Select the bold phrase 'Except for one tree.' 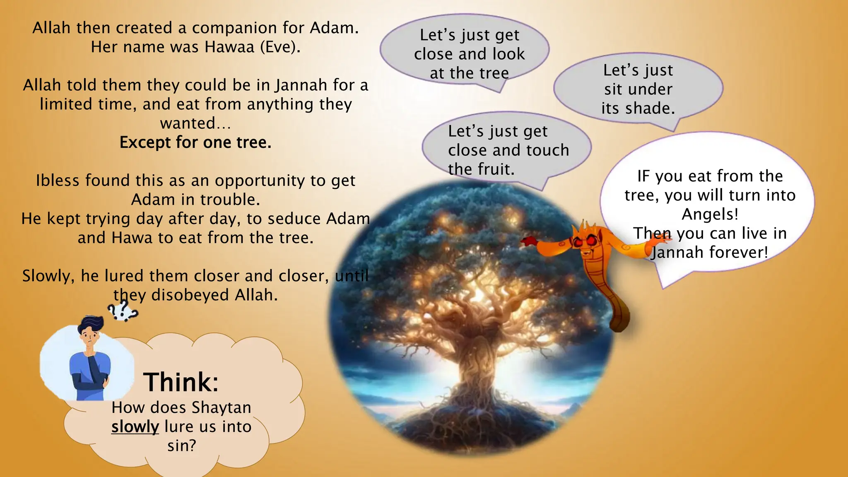[195, 142]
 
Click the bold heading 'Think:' [181, 382]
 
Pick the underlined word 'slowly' [135, 426]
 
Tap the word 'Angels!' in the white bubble [710, 214]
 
